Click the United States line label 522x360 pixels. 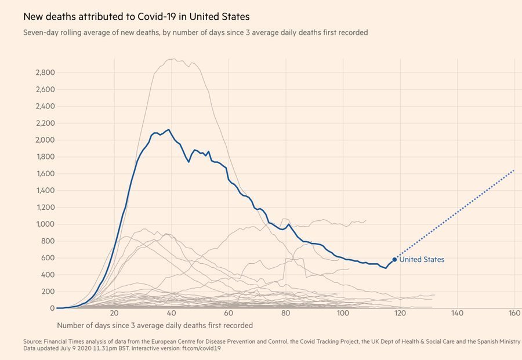coord(422,260)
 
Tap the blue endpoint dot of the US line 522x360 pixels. coord(394,260)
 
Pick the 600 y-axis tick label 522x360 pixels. coord(47,257)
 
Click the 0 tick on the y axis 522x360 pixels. coord(52,308)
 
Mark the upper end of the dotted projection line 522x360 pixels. coord(514,170)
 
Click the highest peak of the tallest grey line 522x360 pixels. coord(172,59)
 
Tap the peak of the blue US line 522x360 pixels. coord(168,130)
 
